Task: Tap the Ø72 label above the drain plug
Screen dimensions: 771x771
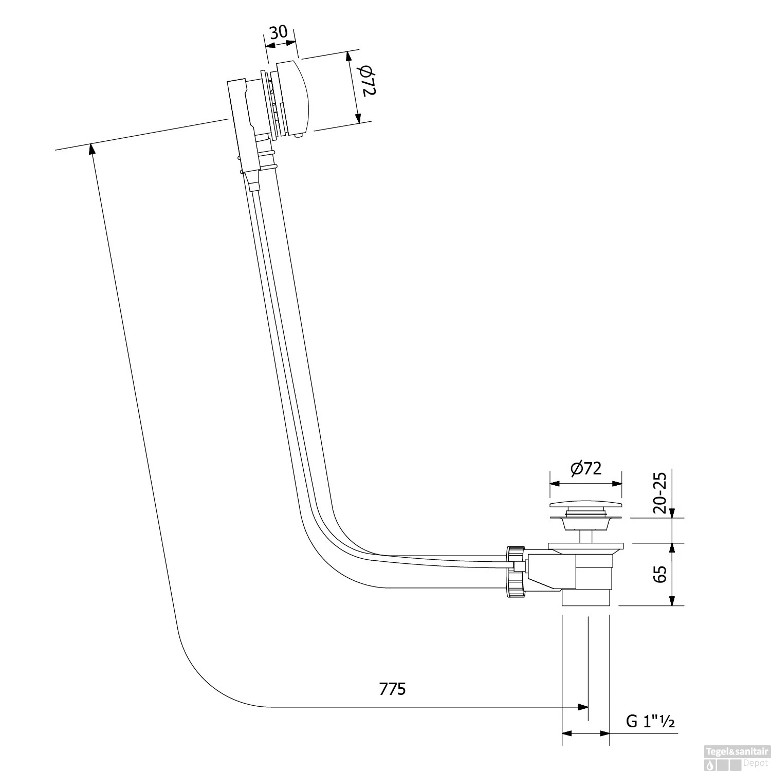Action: click(x=585, y=468)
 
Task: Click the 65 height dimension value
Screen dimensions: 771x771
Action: click(x=660, y=574)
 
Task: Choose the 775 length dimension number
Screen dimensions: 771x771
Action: click(x=392, y=689)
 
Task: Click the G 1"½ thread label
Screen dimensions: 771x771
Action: click(x=650, y=722)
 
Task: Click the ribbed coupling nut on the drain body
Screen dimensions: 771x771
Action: click(x=516, y=572)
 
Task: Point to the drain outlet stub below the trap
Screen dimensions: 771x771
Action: click(x=585, y=599)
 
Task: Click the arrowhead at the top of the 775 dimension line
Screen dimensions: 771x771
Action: click(x=91, y=149)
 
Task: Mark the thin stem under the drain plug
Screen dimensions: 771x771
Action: click(x=585, y=537)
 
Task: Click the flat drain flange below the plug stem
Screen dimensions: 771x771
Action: click(x=585, y=545)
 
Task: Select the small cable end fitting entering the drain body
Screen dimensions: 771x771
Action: click(x=519, y=566)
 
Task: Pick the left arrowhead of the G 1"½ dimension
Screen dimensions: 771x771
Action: click(x=566, y=733)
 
